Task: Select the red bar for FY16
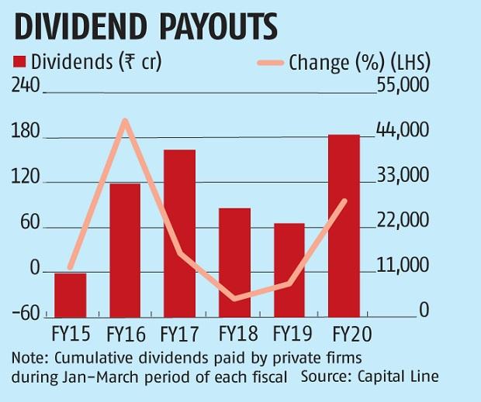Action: click(x=125, y=250)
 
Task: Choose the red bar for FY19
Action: click(x=289, y=270)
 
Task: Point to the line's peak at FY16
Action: click(x=125, y=120)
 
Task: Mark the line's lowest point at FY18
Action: click(x=235, y=298)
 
